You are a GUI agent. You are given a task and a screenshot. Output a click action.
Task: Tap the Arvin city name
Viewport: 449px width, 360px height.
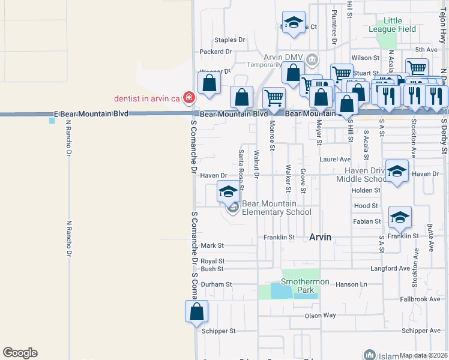coord(320,237)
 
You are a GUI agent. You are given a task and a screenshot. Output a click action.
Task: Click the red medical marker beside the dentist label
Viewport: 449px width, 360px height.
coord(188,97)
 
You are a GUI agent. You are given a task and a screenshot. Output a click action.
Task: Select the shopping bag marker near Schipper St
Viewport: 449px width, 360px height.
coord(196,312)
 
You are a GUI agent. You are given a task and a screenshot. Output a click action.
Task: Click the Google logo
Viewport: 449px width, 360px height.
coord(20,353)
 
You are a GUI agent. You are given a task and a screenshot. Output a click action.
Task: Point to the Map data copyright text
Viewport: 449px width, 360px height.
coord(423,355)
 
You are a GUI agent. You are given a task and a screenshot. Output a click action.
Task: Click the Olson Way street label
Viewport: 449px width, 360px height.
coord(321,315)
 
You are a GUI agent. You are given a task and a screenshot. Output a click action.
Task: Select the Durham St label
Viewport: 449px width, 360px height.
coord(216,284)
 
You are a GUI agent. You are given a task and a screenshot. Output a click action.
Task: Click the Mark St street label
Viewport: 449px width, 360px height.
coord(212,245)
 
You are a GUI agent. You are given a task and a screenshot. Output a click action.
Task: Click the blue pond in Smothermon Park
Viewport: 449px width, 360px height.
coord(280,291)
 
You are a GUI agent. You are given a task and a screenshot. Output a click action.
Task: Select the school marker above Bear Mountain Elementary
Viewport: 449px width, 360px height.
coord(228,192)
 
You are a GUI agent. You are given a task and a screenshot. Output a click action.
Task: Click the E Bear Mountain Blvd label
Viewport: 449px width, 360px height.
coord(91,113)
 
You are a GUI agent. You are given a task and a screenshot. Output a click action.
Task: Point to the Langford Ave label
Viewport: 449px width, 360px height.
coord(390,268)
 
